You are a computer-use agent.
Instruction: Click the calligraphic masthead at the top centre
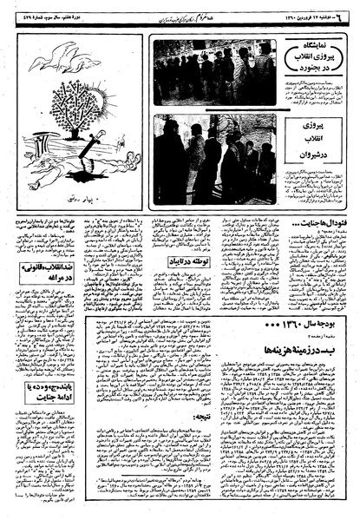pos(187,10)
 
